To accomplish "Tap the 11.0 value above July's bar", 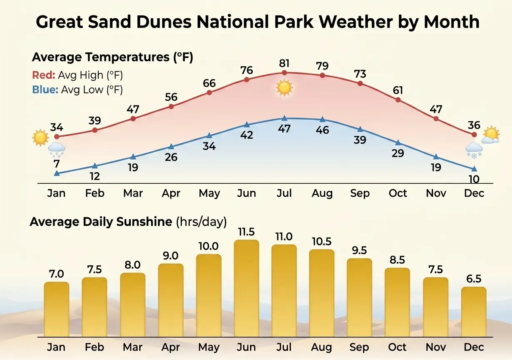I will (x=284, y=237).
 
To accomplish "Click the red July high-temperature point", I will (x=284, y=73).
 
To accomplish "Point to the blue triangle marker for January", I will (x=57, y=173).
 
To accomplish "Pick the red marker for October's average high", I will (x=398, y=100).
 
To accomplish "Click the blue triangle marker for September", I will (x=360, y=129).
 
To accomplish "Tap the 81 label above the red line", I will (x=284, y=63).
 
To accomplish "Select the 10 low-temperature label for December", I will (x=474, y=179).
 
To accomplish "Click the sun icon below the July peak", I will (x=284, y=88).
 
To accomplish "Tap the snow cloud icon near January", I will (x=56, y=149).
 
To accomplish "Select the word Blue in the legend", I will (x=45, y=90).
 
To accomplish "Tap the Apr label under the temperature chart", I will (x=171, y=193).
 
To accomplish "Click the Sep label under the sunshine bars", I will (x=360, y=347).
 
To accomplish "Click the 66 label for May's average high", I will (x=209, y=83).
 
